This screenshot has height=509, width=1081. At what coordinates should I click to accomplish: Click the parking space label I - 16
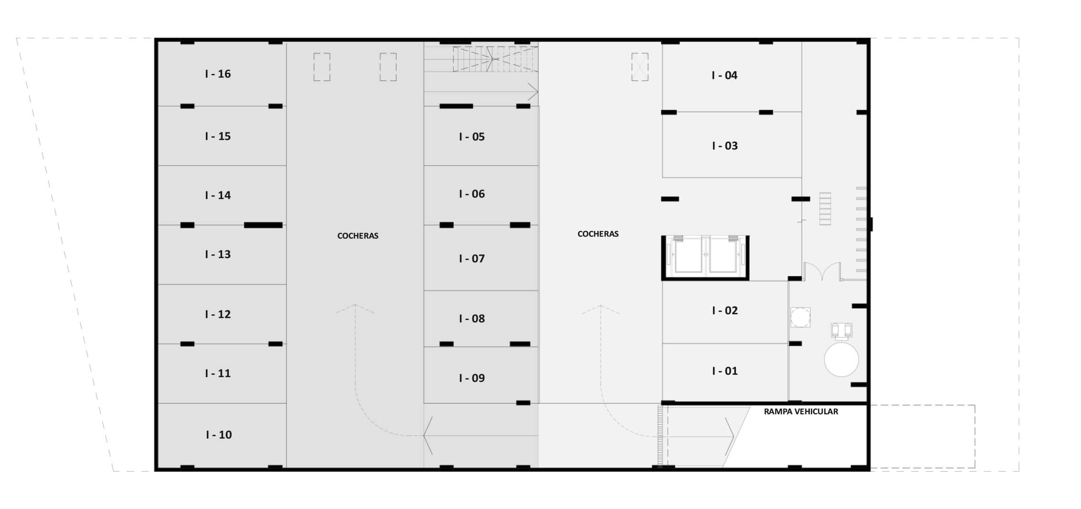[218, 74]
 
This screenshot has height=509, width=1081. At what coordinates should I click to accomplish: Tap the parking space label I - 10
[219, 435]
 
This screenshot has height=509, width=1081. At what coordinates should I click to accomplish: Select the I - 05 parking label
[472, 137]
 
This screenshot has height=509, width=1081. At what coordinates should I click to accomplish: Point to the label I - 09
[472, 378]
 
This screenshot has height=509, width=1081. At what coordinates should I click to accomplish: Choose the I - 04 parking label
[724, 75]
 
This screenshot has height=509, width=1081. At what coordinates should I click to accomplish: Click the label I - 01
[725, 371]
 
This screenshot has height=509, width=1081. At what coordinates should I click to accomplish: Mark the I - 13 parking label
[218, 254]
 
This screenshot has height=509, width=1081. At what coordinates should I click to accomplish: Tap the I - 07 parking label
[472, 259]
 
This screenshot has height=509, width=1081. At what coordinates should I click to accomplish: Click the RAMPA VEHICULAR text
[801, 411]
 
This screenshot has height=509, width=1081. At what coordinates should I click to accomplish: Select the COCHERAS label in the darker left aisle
[358, 236]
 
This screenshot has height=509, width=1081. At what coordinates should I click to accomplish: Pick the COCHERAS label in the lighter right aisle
[598, 234]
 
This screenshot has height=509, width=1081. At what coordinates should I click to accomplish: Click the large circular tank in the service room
[841, 359]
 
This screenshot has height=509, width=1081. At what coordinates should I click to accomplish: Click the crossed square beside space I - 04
[640, 67]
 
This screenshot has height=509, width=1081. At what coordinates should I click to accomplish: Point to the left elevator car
[688, 255]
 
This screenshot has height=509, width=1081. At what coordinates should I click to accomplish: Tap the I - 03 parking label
[725, 146]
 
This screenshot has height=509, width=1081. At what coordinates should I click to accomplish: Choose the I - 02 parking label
[725, 310]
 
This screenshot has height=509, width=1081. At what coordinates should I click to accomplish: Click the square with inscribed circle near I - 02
[801, 317]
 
